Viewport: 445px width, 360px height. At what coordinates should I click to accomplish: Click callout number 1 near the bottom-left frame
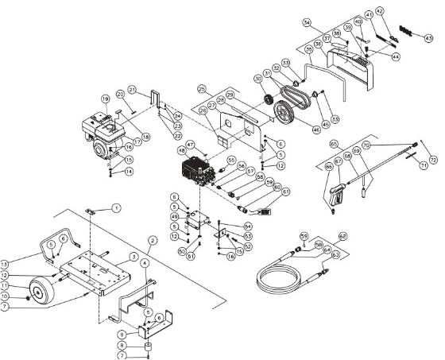point(116,207)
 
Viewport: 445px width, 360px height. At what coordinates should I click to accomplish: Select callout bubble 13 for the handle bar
point(6,264)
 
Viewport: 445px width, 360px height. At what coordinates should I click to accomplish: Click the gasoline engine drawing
point(101,135)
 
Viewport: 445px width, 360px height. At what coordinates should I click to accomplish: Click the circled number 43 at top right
point(428,37)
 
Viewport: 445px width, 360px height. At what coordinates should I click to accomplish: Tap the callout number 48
point(181,149)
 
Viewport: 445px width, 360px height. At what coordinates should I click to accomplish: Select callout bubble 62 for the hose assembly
point(342,236)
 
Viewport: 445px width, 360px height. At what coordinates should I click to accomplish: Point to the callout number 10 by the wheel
point(6,296)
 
